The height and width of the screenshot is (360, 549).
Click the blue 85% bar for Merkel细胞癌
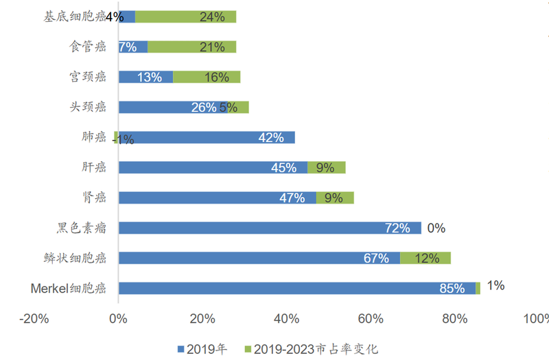[x=296, y=288]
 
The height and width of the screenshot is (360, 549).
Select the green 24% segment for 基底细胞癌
[x=185, y=16]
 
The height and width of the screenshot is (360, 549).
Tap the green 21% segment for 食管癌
[x=191, y=47]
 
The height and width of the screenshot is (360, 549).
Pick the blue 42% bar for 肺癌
[x=206, y=137]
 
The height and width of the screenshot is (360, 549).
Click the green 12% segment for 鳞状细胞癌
[x=425, y=258]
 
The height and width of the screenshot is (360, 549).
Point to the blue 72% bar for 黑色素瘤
[x=270, y=228]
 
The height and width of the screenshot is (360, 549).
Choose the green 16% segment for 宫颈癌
[x=207, y=77]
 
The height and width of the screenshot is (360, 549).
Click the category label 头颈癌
[x=89, y=107]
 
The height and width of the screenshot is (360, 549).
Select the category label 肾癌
[x=94, y=197]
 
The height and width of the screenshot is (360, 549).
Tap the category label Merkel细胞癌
[x=69, y=288]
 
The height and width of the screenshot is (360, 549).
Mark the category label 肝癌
[x=94, y=167]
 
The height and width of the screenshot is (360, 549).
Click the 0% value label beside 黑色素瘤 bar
[x=436, y=228]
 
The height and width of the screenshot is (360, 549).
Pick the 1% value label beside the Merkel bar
[x=495, y=285]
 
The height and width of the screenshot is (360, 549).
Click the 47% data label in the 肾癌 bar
[x=292, y=197]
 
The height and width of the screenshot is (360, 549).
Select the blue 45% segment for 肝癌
[x=213, y=167]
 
